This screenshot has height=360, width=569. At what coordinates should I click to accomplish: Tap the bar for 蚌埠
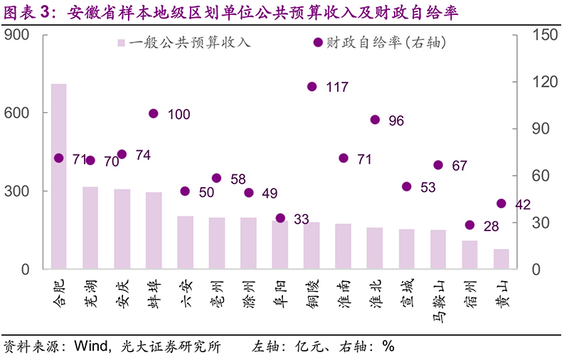pyautogui.click(x=154, y=231)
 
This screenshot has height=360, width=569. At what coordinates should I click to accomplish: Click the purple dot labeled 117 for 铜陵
pyautogui.click(x=312, y=87)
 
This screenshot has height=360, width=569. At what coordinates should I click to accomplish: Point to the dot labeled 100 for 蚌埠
pyautogui.click(x=154, y=113)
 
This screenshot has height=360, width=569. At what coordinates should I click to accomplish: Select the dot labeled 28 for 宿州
pyautogui.click(x=469, y=225)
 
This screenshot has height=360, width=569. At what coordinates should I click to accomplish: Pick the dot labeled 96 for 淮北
pyautogui.click(x=375, y=120)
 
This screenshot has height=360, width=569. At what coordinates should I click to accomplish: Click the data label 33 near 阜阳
pyautogui.click(x=301, y=219)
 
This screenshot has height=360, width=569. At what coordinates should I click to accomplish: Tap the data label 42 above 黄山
pyautogui.click(x=523, y=205)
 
